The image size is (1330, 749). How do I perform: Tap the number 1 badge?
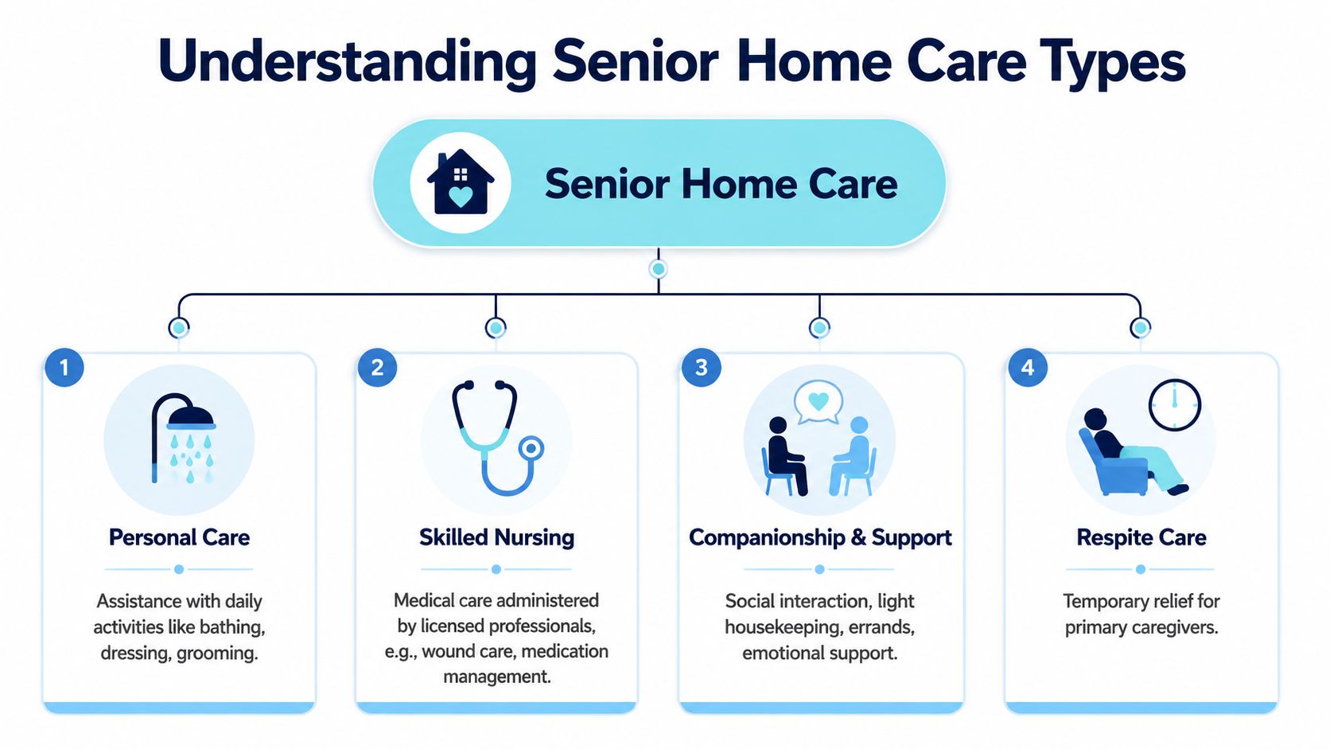click(x=64, y=367)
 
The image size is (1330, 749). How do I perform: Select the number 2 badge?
click(x=377, y=367)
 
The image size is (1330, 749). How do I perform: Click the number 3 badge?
click(x=702, y=367)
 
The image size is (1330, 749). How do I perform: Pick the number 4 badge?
click(x=1027, y=367)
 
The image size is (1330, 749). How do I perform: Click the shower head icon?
click(x=183, y=439)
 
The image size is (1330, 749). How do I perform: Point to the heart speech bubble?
click(x=819, y=402)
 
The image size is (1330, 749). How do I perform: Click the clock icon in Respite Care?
click(x=1174, y=405)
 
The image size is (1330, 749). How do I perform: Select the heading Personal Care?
click(x=179, y=537)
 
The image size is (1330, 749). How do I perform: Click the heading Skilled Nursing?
click(x=497, y=537)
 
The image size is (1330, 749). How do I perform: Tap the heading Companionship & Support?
click(x=820, y=537)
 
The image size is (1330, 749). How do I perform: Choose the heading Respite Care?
click(x=1141, y=537)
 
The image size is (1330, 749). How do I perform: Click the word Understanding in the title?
click(x=348, y=62)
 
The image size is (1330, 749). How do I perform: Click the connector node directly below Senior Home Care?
click(x=658, y=269)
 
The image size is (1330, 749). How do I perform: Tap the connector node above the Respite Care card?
click(x=1140, y=327)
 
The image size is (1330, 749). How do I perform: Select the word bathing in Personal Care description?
click(x=232, y=627)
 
